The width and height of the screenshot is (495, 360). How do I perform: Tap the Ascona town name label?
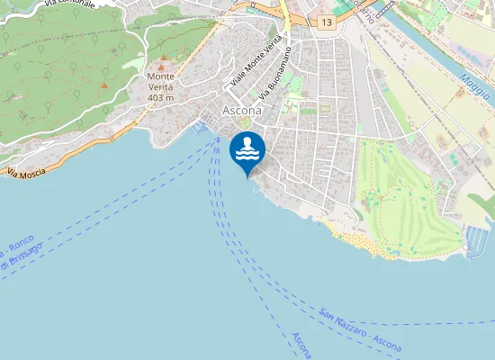(242, 110)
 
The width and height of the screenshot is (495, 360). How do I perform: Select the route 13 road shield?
(325, 22)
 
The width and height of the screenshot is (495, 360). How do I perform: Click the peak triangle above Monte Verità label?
(162, 67)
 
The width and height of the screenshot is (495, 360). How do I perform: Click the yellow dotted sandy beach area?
(360, 243)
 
